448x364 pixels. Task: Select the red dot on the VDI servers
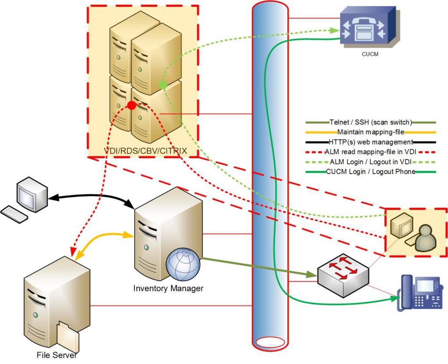click(131, 105)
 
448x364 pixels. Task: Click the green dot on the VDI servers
click(162, 84)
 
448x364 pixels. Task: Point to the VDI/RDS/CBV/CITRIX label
click(145, 151)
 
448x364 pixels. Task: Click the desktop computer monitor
click(31, 194)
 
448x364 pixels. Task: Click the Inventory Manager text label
click(168, 288)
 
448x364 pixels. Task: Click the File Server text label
click(57, 355)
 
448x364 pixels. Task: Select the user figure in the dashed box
click(423, 239)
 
